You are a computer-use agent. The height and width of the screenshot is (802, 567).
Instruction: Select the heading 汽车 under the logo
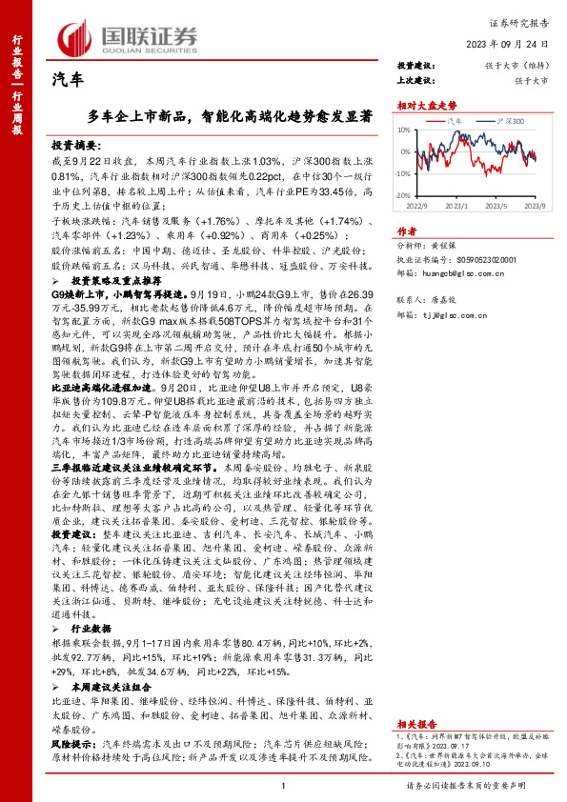pos(67,82)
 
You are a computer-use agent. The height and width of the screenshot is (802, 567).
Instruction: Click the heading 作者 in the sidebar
pos(406,230)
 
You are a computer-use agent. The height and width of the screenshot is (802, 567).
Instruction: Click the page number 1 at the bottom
pos(283,784)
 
